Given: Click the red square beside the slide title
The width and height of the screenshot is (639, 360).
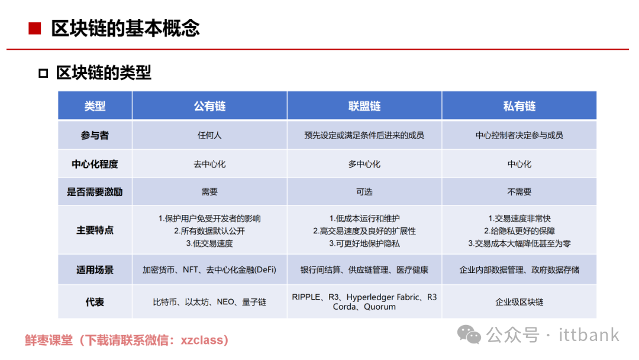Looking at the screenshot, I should coord(35,28).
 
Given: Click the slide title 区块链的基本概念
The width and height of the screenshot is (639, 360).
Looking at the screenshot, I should coord(125,28).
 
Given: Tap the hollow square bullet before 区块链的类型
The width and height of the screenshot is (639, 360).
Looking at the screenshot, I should coord(43,73).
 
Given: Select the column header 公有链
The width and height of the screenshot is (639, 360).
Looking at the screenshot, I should coord(209,106).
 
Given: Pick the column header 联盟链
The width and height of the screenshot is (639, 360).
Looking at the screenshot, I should coord(364,106).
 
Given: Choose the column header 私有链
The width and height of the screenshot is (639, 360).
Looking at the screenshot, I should coord(519,106).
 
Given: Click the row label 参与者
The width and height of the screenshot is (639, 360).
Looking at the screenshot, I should coord(95,136).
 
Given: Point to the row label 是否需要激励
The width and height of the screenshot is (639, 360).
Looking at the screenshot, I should coord(95,192).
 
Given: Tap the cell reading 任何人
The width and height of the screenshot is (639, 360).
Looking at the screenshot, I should coord(209,136).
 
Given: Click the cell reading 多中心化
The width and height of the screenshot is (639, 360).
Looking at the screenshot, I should coord(364,164).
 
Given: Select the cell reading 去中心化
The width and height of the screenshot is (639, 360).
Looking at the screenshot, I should coord(209,164).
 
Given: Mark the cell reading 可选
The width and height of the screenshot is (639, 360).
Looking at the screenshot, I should coord(364,192).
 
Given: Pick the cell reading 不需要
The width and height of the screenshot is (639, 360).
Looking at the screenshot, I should coord(519,192).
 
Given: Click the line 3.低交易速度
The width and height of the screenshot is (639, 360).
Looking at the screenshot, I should coord(209,243).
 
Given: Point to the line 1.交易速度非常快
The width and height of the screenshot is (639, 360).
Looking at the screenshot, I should coord(519,218).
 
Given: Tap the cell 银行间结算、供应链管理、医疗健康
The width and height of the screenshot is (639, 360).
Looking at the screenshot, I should coord(364,270).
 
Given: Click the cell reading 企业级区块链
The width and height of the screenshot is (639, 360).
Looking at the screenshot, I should coord(519,302).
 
